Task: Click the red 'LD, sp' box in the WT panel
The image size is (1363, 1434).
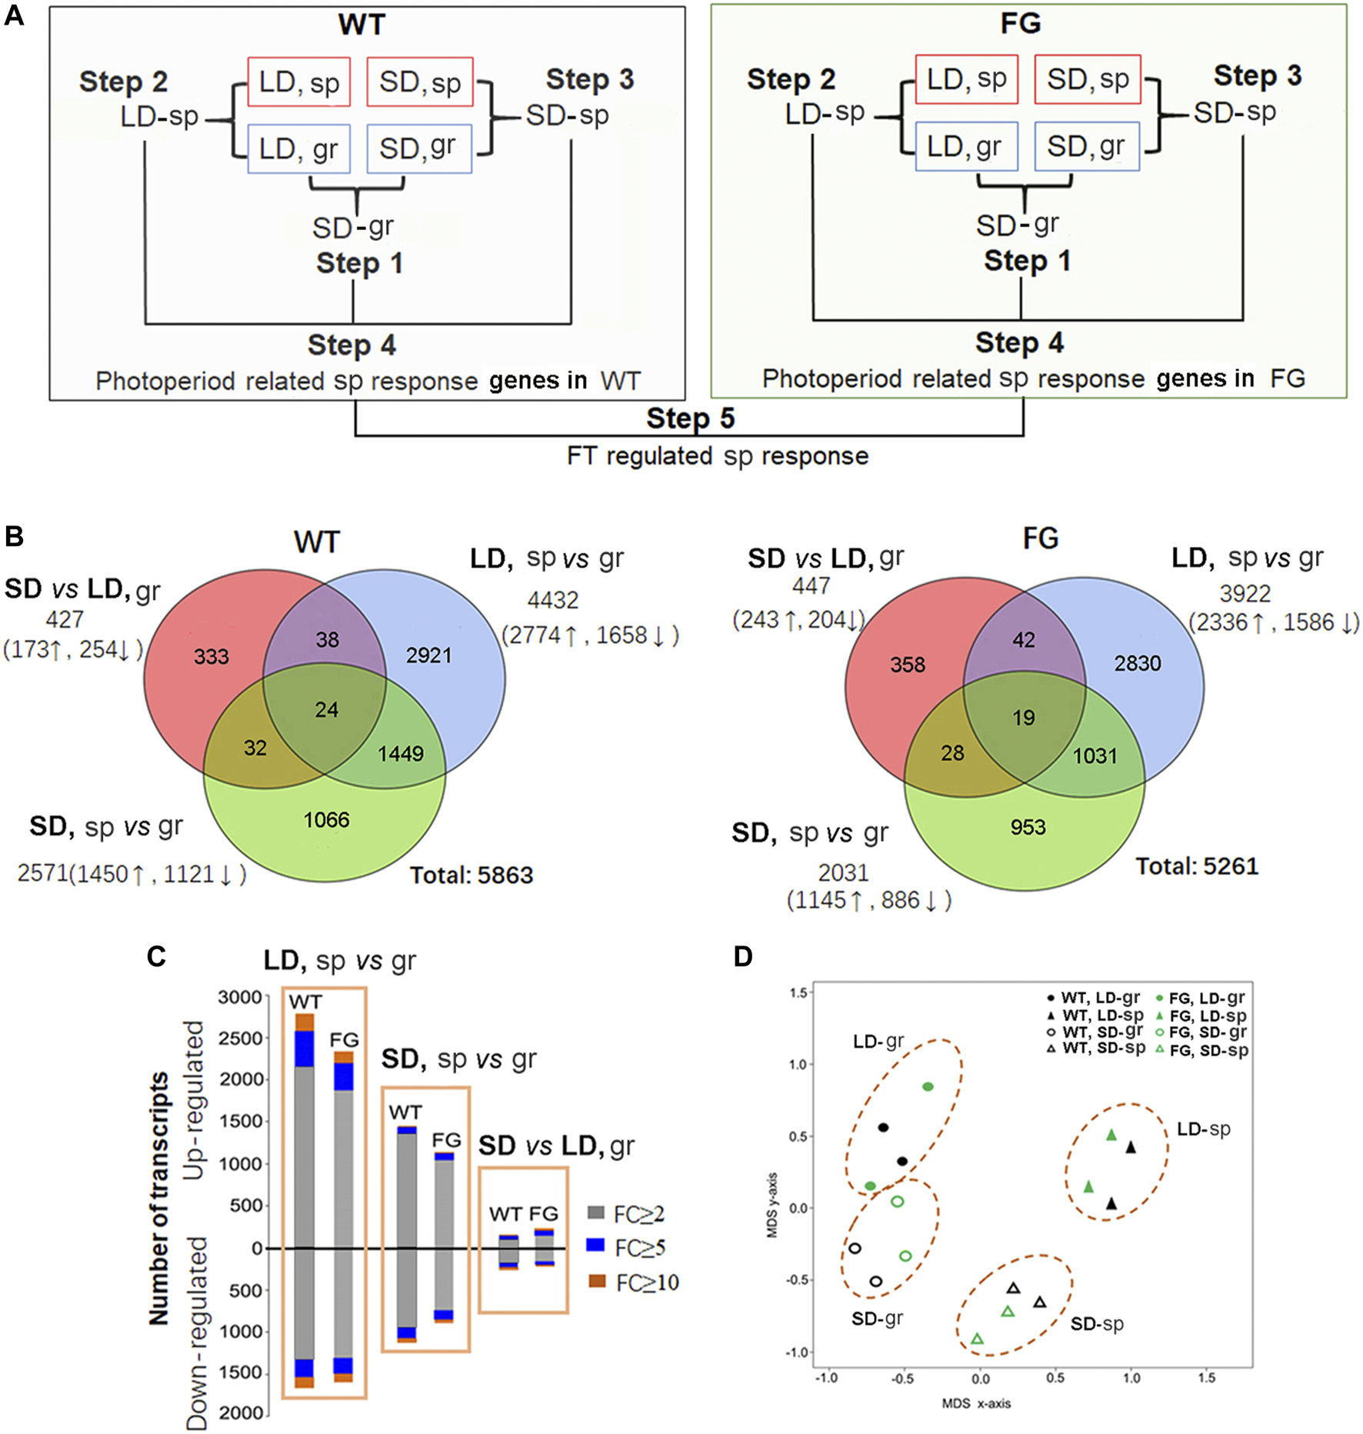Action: click(298, 82)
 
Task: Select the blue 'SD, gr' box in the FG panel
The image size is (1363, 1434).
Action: click(1086, 146)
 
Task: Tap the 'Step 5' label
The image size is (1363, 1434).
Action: click(690, 419)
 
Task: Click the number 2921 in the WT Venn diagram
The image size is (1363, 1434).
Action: click(428, 655)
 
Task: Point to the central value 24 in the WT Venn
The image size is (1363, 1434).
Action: click(326, 709)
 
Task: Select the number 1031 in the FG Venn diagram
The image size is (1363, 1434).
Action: click(1095, 755)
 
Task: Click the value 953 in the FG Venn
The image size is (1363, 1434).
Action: click(1028, 827)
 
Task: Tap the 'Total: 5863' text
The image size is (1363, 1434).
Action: click(471, 875)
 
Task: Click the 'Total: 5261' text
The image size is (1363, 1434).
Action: click(1197, 867)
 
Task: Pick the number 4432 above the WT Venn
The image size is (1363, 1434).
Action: click(553, 600)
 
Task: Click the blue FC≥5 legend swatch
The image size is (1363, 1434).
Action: click(595, 1245)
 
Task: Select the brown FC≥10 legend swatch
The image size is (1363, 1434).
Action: click(597, 1281)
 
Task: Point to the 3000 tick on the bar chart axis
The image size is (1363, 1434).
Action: click(240, 998)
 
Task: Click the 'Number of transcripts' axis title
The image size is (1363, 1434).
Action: click(159, 1199)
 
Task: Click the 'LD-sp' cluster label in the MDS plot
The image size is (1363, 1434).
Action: click(1204, 1129)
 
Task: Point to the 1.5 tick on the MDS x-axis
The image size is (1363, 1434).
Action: click(1206, 1378)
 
